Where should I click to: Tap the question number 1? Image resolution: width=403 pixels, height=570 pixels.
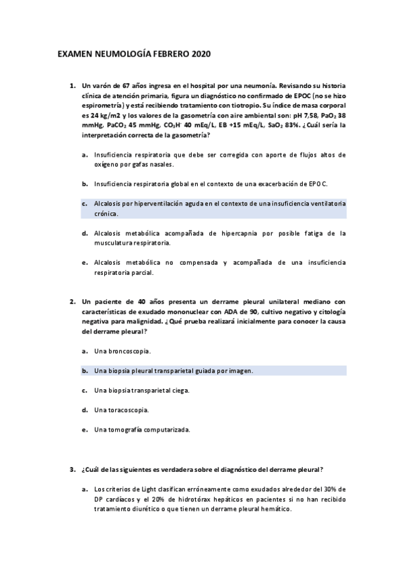coord(71,87)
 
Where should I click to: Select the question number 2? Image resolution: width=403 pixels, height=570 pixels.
coord(71,302)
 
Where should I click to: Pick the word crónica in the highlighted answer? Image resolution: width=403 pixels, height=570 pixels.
coord(106,214)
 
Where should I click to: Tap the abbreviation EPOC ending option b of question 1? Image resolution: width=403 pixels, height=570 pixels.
coord(318,183)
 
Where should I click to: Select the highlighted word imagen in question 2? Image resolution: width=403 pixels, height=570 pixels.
coord(240,370)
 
